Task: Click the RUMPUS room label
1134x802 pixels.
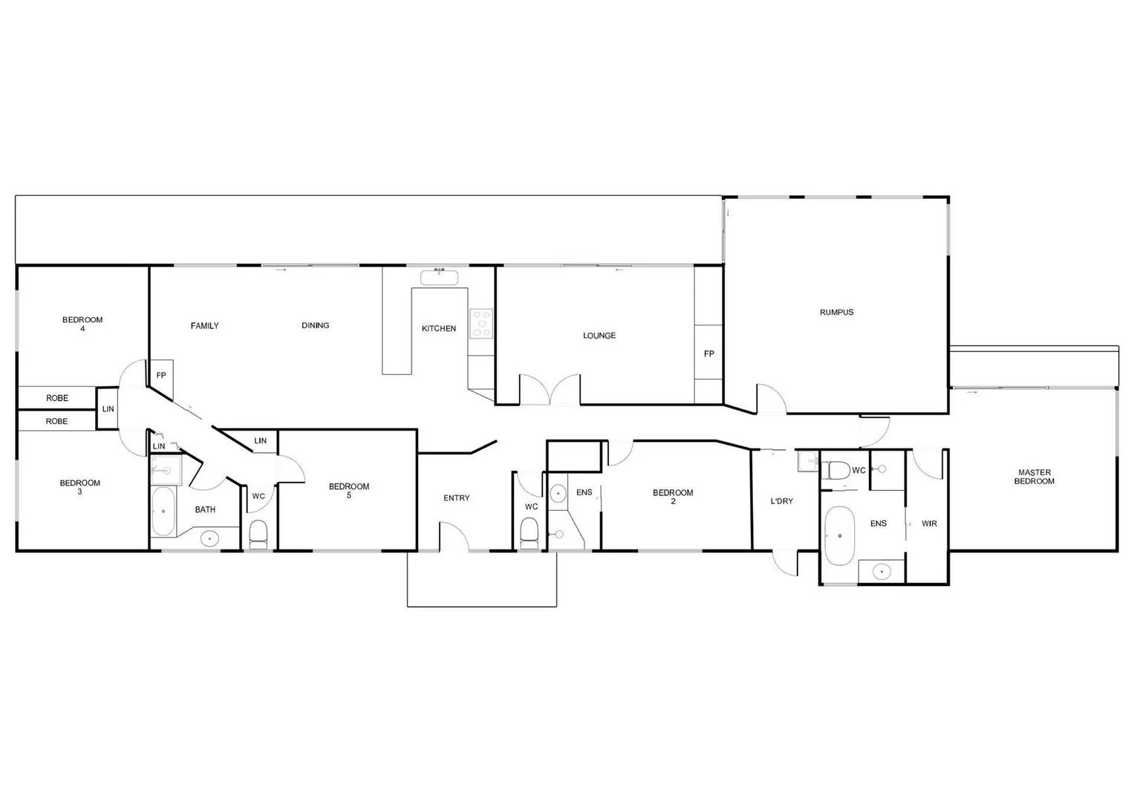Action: pos(836,313)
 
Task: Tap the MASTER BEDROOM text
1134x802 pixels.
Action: pos(1034,477)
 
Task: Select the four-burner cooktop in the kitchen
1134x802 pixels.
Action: pos(481,324)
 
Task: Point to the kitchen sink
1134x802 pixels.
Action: pos(440,278)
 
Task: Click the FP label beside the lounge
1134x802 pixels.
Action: pos(708,354)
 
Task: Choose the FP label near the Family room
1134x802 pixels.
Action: pos(161,375)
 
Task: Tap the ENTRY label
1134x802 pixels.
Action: pos(456,498)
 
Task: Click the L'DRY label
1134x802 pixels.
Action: pos(781,501)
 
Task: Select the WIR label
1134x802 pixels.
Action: pos(929,524)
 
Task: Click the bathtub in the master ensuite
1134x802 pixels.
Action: pos(840,535)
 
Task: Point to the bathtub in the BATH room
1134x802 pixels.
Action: pos(163,512)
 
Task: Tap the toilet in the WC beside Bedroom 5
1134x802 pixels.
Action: pos(258,534)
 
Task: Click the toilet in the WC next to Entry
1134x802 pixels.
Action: pos(529,532)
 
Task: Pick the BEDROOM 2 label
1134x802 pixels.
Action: pos(673,497)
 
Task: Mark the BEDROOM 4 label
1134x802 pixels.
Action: pos(82,324)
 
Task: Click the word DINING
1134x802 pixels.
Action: pos(315,325)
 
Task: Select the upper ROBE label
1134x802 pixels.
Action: pos(57,398)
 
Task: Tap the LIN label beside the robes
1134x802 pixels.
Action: pos(108,409)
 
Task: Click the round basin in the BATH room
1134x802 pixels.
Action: pos(209,538)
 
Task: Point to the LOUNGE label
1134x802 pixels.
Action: pos(599,336)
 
